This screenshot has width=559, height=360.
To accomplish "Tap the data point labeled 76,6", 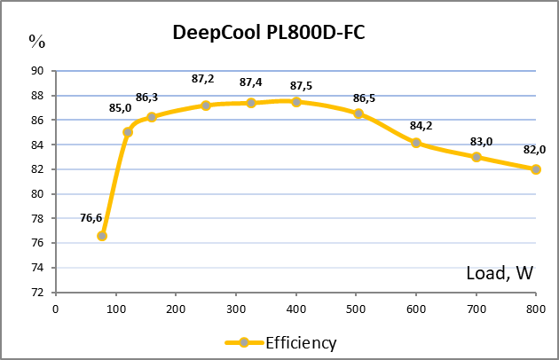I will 102,236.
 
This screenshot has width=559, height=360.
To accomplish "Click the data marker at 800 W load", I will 536,169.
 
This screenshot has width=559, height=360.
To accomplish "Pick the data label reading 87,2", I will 203,79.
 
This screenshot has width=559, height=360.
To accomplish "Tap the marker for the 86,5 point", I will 358,113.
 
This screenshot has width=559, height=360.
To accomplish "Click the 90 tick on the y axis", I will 37,71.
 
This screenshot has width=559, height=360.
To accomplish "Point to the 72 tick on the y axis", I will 37,293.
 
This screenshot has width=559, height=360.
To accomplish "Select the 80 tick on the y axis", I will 37,194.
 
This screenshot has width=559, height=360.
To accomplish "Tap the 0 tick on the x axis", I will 56,309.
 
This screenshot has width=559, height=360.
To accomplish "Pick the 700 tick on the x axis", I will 476,309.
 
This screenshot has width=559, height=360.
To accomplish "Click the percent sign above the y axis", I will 36,40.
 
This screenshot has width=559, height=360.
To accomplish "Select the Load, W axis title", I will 500,274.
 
